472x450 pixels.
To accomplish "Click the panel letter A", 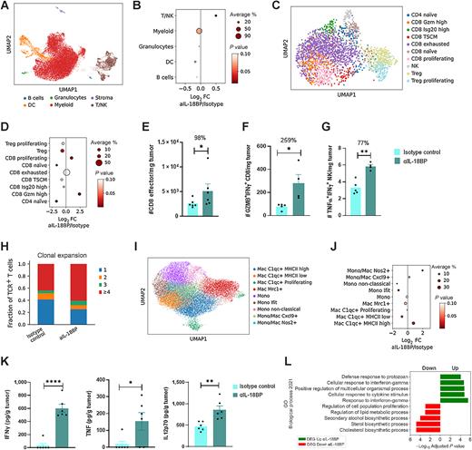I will pyautogui.click(x=5, y=5).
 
